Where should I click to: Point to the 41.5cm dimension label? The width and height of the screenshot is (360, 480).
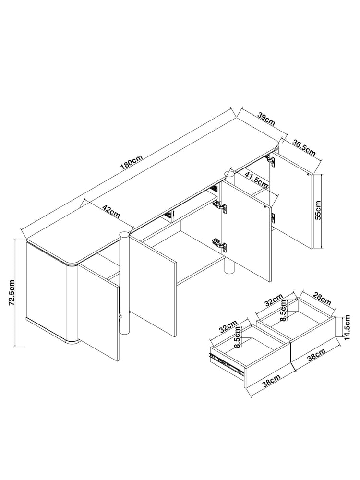256,179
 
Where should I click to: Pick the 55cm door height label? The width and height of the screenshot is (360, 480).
318,210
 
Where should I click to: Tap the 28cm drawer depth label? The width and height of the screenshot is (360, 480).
321,299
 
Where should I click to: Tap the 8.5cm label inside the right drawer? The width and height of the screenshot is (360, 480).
284,310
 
